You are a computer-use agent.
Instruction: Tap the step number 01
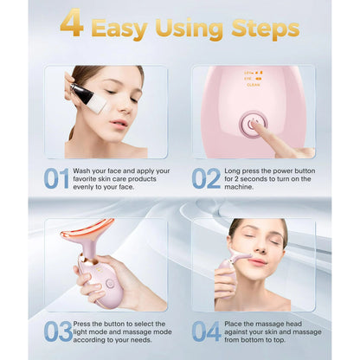coord(56,178)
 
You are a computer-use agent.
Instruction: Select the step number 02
coord(206,178)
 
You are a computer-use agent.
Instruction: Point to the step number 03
coord(57,331)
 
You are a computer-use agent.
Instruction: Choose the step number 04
coord(206,331)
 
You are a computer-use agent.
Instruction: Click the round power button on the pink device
coord(254,124)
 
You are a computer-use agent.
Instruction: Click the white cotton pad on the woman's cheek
coord(94,102)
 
